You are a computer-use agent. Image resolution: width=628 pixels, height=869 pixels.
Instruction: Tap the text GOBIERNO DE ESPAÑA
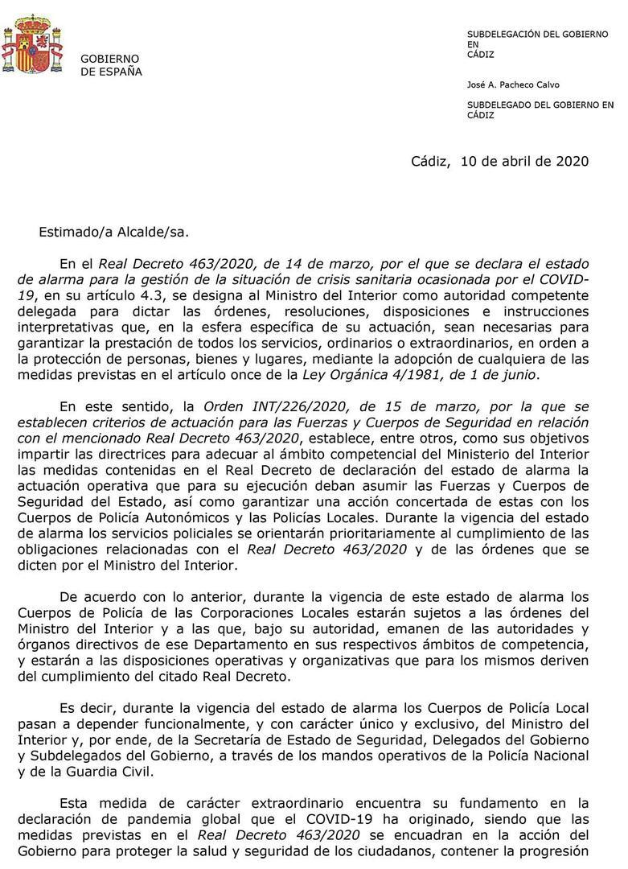[111, 65]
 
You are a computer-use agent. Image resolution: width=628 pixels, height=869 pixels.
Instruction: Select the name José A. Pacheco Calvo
[513, 84]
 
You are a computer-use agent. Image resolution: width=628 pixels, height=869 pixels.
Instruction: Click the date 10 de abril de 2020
[524, 161]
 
